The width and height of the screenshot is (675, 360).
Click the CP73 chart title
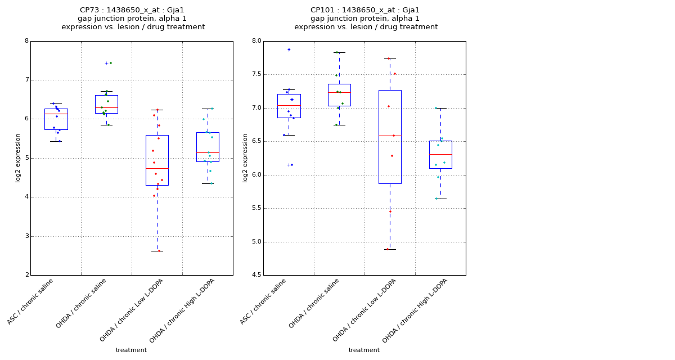133,19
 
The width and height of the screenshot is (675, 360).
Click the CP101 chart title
366,19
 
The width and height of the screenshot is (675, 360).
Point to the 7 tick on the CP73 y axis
26,80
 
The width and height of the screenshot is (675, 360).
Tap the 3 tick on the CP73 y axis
26,236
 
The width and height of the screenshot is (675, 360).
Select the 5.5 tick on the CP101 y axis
256,208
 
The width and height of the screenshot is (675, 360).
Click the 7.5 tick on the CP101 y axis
256,74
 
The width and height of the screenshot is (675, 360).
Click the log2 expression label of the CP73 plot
18,157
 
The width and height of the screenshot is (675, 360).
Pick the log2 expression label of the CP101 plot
245,157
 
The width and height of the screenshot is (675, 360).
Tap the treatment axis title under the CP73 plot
131,350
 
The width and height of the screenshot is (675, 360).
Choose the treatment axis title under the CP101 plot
364,350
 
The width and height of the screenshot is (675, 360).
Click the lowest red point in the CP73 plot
159,251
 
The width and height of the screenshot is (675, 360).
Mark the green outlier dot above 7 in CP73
111,63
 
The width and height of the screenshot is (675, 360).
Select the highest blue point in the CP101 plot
289,49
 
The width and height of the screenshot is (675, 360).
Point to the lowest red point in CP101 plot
388,249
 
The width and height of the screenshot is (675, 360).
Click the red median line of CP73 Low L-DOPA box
157,168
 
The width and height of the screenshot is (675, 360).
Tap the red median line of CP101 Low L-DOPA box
390,136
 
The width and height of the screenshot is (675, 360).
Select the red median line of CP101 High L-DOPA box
440,154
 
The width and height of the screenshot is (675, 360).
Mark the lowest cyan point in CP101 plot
436,199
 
